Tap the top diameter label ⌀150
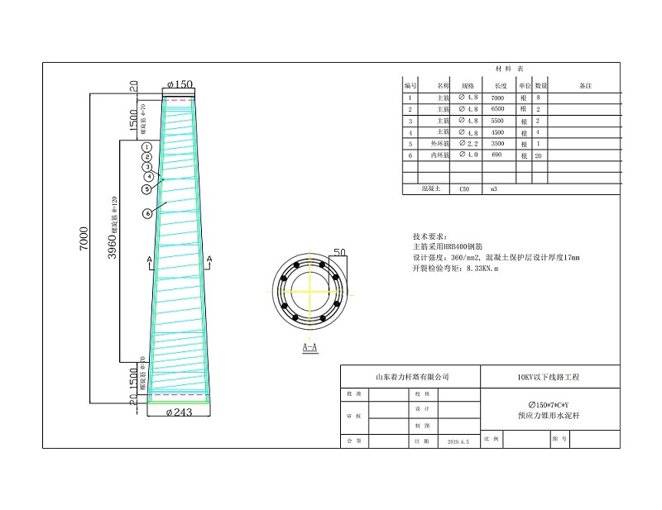pyautogui.click(x=180, y=84)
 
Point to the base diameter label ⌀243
pyautogui.click(x=180, y=411)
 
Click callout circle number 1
pyautogui.click(x=146, y=145)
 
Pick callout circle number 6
pyautogui.click(x=147, y=213)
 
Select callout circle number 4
pyautogui.click(x=149, y=176)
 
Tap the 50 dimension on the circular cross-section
pyautogui.click(x=339, y=251)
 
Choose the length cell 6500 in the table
pyautogui.click(x=500, y=109)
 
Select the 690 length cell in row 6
pyautogui.click(x=500, y=155)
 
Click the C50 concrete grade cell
pyautogui.click(x=464, y=188)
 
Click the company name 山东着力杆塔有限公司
pyautogui.click(x=412, y=376)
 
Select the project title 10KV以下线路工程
pyautogui.click(x=549, y=376)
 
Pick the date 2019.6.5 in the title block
pyautogui.click(x=458, y=442)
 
